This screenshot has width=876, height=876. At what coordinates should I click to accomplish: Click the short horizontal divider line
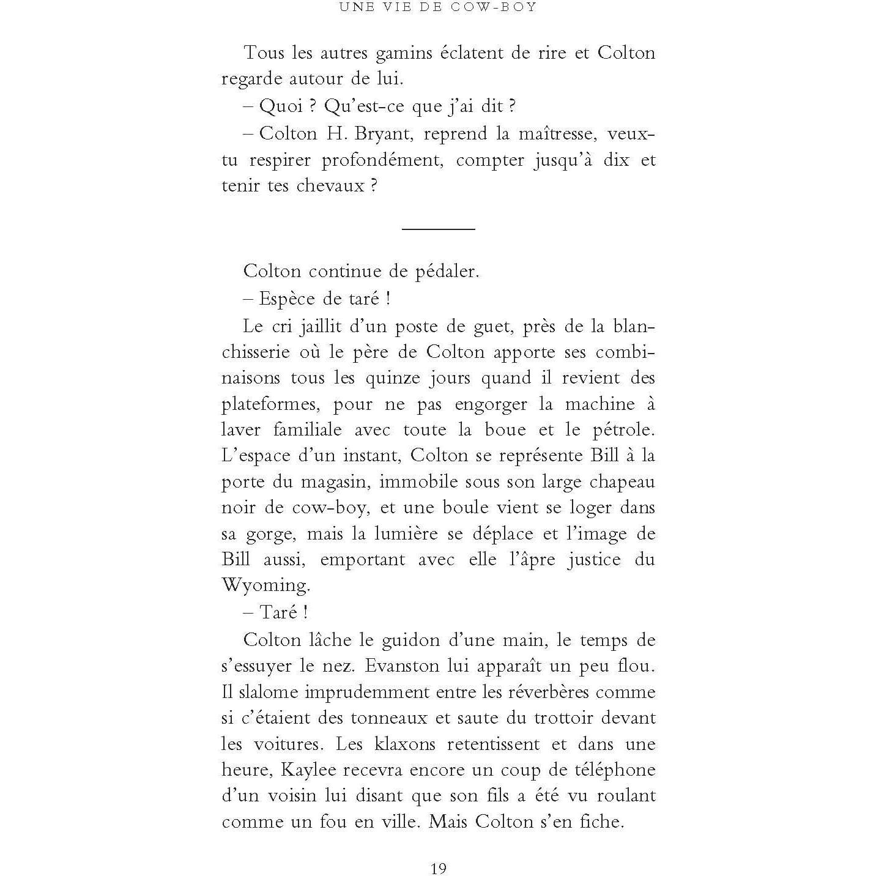coord(438,229)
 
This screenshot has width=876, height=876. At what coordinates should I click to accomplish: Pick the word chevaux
coord(330,185)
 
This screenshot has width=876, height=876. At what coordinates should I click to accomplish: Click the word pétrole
coord(623,430)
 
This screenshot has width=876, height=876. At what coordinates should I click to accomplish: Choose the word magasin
coord(336,482)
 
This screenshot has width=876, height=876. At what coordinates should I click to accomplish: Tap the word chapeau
coord(622,482)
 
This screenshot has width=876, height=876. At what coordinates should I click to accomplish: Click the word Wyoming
coord(265,585)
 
